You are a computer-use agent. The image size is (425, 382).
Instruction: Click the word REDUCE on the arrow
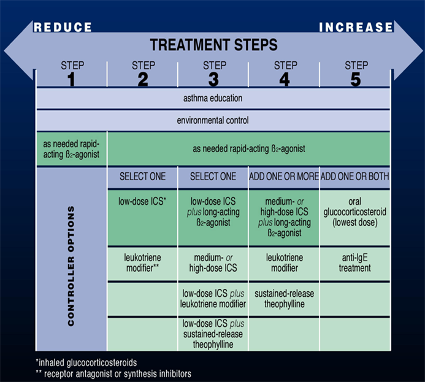point(63,27)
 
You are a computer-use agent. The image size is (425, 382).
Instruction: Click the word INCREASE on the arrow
point(356,27)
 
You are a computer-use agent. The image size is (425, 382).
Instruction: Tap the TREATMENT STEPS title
point(214,45)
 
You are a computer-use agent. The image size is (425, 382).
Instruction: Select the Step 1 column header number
point(71,80)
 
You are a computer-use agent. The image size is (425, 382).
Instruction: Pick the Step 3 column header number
point(213,80)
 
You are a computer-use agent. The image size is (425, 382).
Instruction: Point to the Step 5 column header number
point(356,80)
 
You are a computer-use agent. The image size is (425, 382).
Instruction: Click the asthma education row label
point(213,98)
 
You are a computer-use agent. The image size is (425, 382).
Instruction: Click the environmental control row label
point(213,120)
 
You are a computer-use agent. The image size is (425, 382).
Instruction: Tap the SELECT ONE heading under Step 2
point(142,177)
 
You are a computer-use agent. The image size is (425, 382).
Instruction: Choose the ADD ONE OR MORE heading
point(284,177)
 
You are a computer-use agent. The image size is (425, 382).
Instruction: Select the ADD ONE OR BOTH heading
point(355,177)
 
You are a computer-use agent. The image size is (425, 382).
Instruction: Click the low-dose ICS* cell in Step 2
point(142,201)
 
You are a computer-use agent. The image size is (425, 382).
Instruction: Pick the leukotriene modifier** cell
point(142,263)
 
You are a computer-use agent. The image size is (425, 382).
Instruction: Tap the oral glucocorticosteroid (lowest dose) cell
point(355,212)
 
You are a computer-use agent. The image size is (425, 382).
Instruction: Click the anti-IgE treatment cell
point(355,263)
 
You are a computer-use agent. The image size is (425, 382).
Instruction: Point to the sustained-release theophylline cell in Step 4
point(285,299)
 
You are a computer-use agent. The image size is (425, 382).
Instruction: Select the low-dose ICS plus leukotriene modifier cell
point(213,299)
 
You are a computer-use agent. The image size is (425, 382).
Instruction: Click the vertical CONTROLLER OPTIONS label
point(71,265)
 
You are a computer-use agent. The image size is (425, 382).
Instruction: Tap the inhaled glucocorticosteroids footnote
point(86,362)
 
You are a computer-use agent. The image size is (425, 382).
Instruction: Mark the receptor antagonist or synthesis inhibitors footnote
point(113,374)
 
